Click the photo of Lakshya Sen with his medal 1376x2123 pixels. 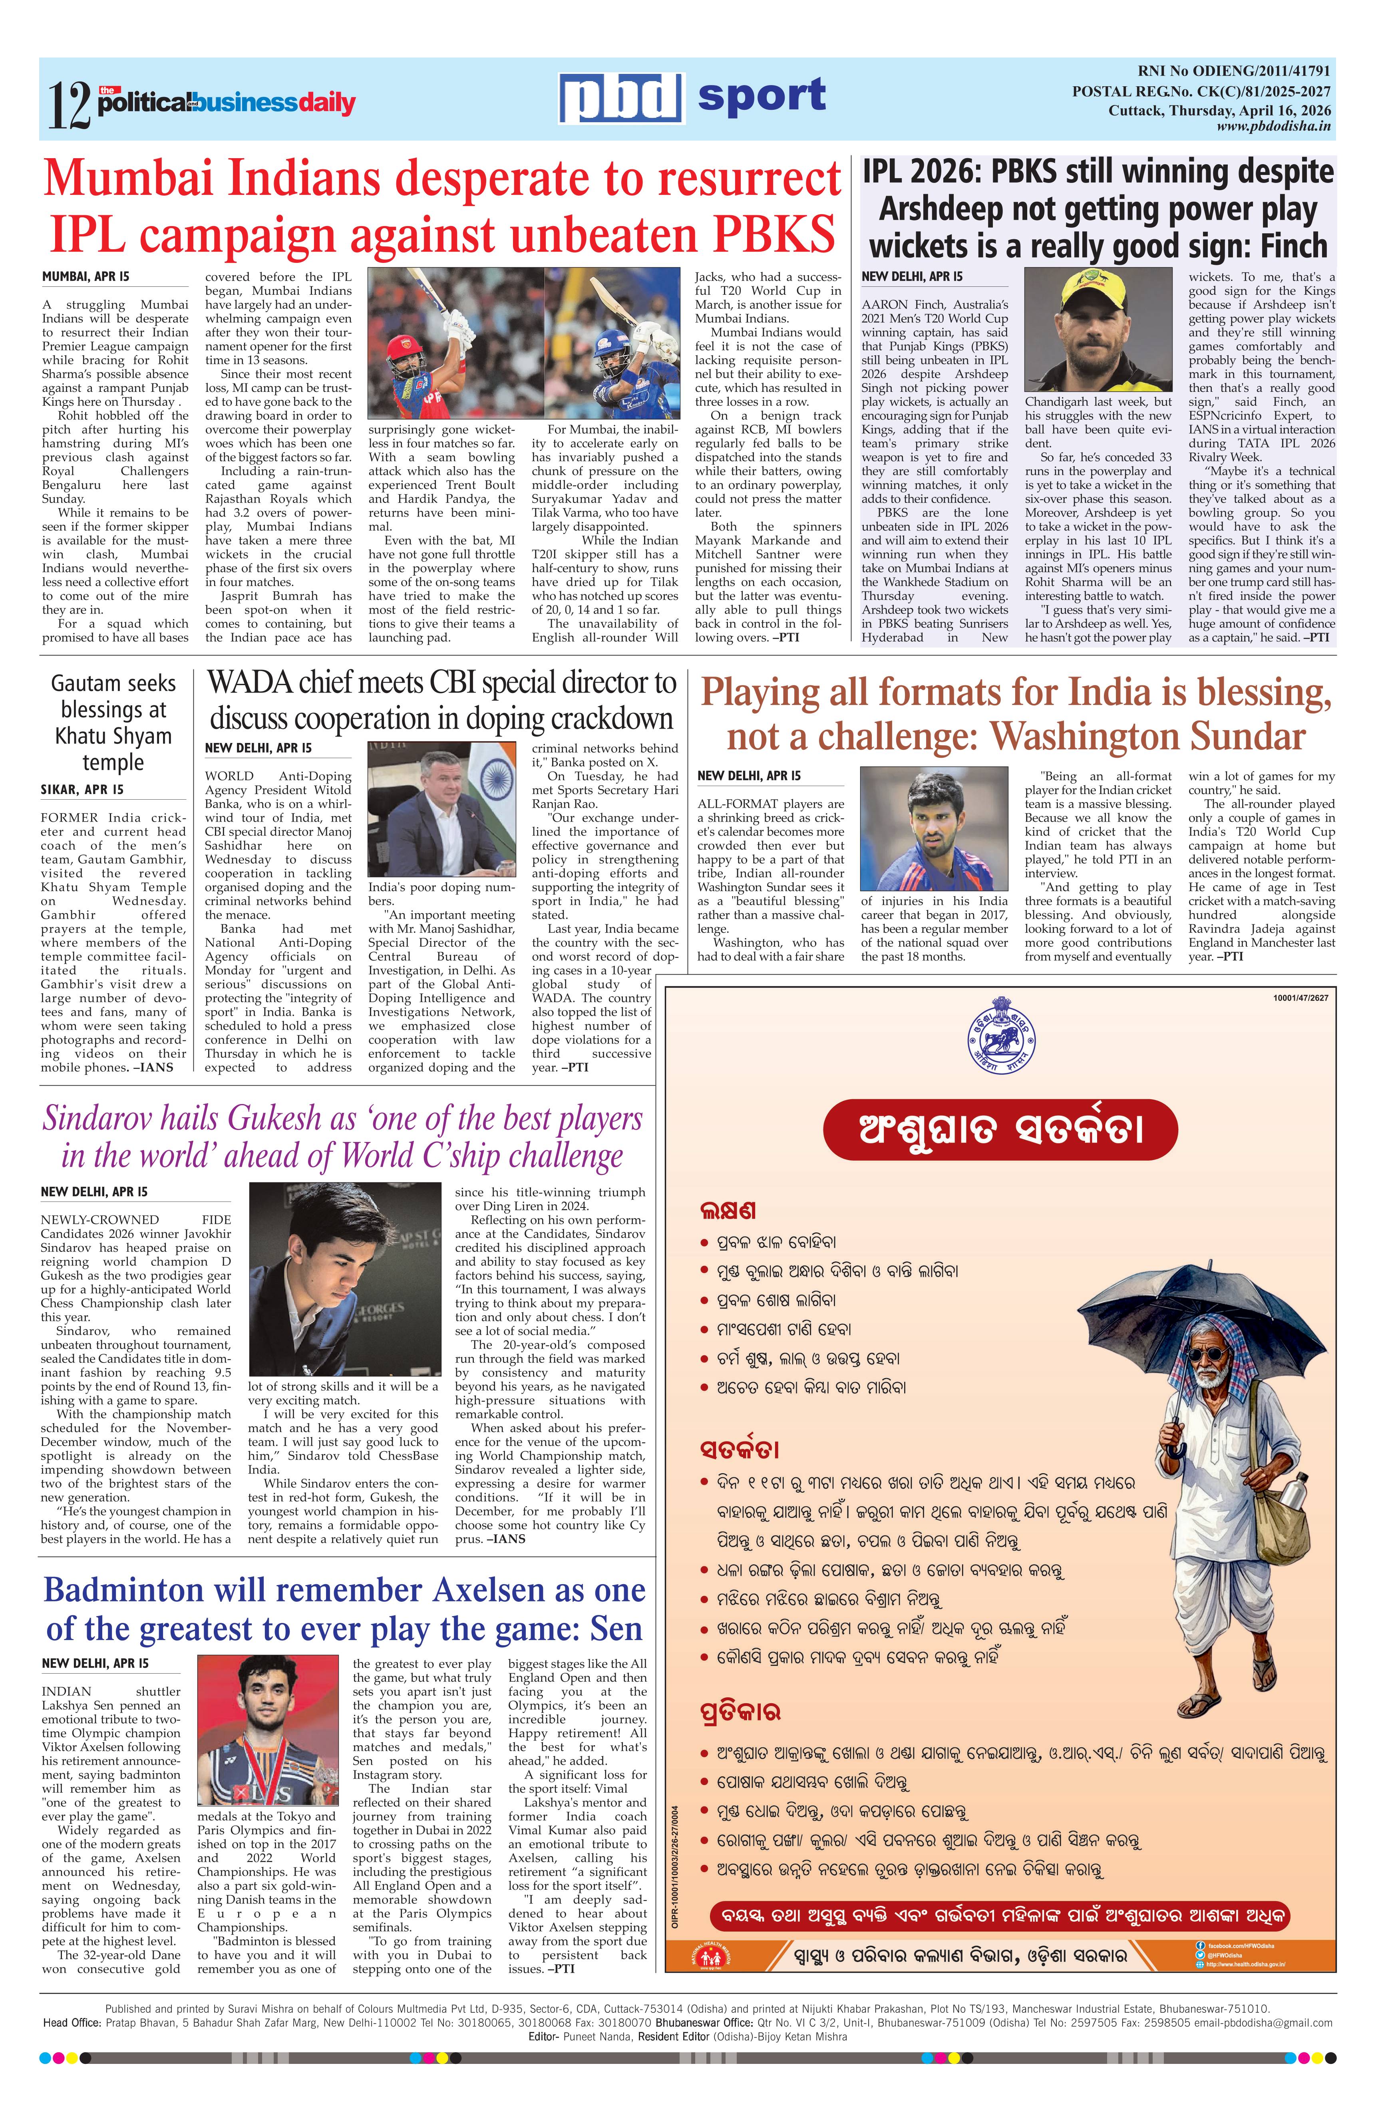click(268, 1730)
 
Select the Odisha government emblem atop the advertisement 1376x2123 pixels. click(999, 1035)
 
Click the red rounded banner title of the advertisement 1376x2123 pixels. click(999, 1129)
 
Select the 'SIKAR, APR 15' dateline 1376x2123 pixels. click(82, 789)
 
